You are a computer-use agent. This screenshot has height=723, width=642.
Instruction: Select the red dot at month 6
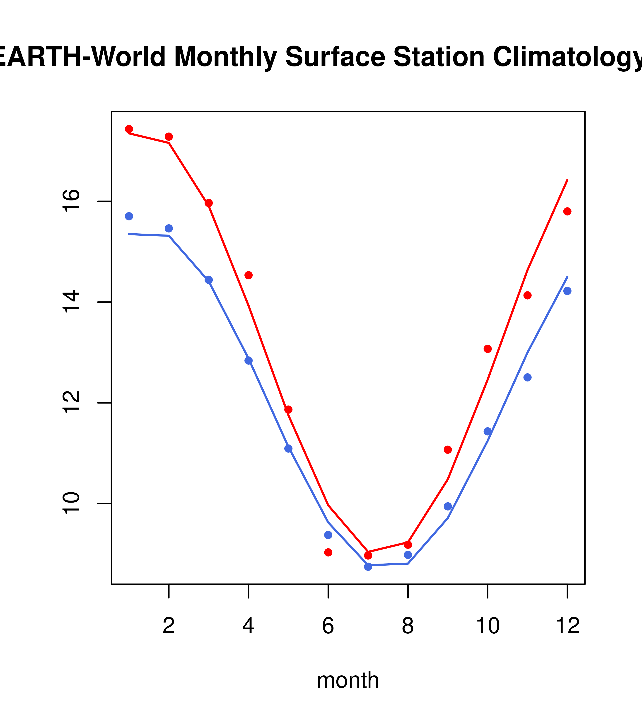(x=328, y=552)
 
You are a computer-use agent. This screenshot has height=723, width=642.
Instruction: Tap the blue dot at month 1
(x=129, y=216)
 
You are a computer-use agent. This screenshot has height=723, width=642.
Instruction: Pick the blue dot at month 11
(x=528, y=377)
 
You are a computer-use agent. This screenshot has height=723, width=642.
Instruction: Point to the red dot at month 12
(x=567, y=212)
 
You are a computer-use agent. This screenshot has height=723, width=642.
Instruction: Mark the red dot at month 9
(x=448, y=449)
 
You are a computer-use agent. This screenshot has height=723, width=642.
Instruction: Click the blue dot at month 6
(x=328, y=535)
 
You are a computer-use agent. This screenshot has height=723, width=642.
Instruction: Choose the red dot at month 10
(x=488, y=349)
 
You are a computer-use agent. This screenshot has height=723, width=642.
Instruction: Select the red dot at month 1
(x=129, y=129)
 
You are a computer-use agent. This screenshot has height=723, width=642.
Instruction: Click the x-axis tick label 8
(x=408, y=626)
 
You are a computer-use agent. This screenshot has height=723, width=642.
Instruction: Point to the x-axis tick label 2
(x=169, y=626)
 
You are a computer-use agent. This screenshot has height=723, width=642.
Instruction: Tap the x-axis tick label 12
(x=567, y=626)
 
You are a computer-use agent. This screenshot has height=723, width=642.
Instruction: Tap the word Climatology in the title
(x=565, y=57)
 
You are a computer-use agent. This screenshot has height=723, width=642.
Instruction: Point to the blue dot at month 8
(x=408, y=555)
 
